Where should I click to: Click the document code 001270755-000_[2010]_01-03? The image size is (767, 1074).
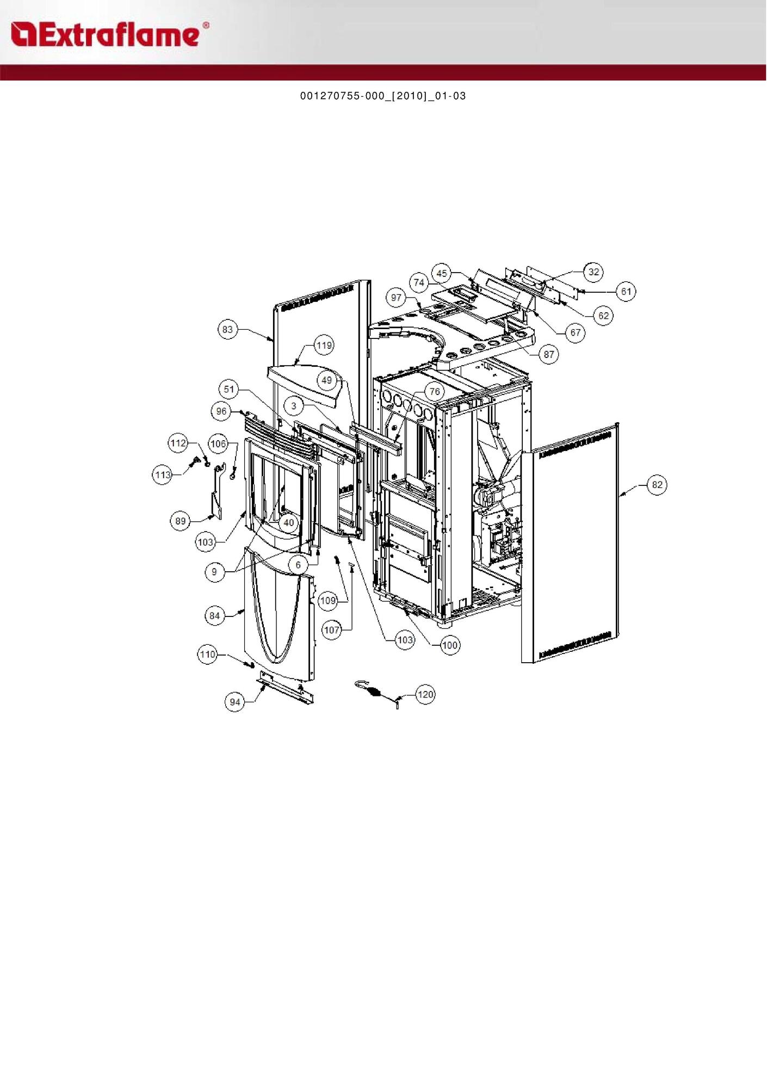coord(383,96)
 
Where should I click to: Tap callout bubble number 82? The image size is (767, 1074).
coord(657,485)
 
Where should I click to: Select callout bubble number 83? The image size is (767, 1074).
coord(227,329)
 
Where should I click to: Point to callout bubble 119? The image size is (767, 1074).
coord(324,345)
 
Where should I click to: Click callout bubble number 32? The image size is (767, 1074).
coord(593,272)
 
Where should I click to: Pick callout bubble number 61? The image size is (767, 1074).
coord(626,292)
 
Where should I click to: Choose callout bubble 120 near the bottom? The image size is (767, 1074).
coord(425,695)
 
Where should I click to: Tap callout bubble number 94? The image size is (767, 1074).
coord(234,702)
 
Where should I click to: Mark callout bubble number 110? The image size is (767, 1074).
coord(207,655)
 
